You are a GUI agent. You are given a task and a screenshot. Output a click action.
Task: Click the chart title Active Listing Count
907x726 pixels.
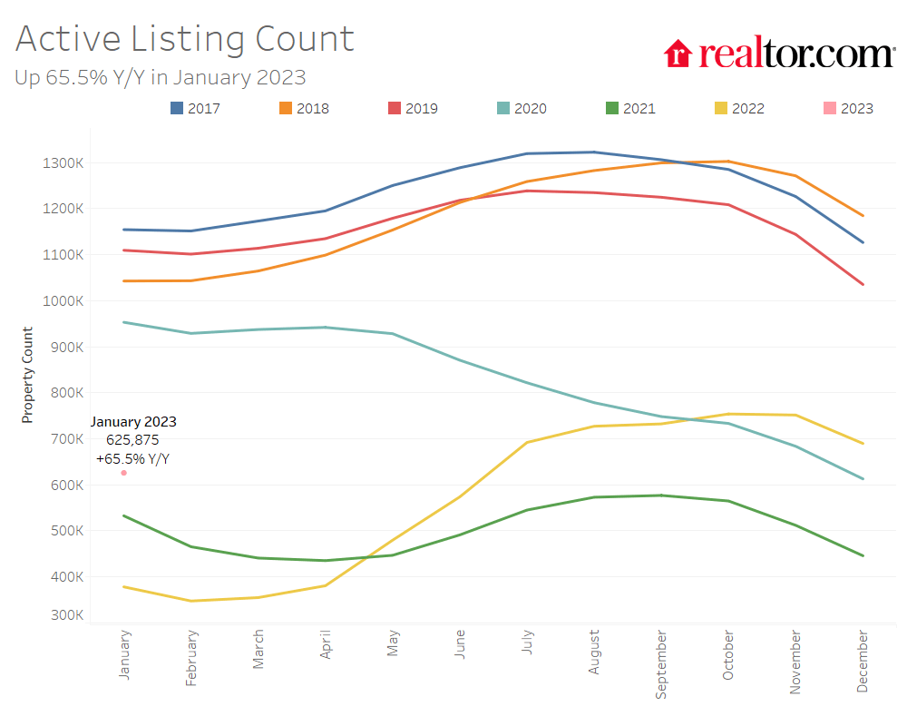pos(184,39)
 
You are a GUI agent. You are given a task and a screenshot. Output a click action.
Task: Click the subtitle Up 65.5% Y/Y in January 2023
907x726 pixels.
pos(160,77)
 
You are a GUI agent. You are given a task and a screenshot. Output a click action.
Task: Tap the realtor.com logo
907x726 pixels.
pos(779,54)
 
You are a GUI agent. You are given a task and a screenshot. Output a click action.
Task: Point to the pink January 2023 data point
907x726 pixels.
pos(124,473)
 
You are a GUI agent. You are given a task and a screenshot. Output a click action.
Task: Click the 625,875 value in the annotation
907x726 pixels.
pos(132,440)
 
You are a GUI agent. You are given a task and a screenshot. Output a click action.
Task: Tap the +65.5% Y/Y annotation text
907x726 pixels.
pos(132,459)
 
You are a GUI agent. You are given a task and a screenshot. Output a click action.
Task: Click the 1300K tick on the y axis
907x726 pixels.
pos(63,163)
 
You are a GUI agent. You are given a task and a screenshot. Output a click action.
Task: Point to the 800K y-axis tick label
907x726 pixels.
pos(66,393)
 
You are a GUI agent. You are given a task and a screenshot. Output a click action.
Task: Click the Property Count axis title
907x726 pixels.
pos(27,375)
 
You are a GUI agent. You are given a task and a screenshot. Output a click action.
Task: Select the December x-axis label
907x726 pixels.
pos(862,663)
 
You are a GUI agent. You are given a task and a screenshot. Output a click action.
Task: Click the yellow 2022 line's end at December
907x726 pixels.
pos(863,444)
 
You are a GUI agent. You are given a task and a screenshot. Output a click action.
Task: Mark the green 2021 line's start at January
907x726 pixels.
pos(124,515)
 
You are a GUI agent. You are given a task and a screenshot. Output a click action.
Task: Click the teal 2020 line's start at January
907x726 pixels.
pos(124,322)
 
